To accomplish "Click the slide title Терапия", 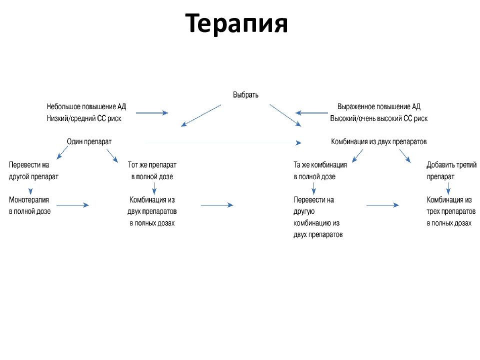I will pyautogui.click(x=237, y=23).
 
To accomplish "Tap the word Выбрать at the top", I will pyautogui.click(x=245, y=94).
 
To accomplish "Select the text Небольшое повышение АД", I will pyautogui.click(x=86, y=106).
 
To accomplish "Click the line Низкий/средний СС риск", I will pyautogui.click(x=84, y=118).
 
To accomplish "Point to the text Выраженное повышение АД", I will pyautogui.click(x=378, y=106).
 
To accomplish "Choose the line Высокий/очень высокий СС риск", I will pyautogui.click(x=378, y=118).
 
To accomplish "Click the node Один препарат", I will pyautogui.click(x=89, y=141).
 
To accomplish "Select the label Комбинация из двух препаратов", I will pyautogui.click(x=379, y=141).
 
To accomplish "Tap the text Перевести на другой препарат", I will pyautogui.click(x=33, y=170).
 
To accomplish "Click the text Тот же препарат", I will pyautogui.click(x=152, y=164).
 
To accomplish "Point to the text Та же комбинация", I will pyautogui.click(x=320, y=164).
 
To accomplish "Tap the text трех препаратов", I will pyautogui.click(x=449, y=211).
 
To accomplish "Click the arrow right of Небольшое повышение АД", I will pyautogui.click(x=152, y=113).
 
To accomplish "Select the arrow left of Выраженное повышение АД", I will pyautogui.click(x=310, y=113).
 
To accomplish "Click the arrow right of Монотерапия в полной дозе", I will pyautogui.click(x=72, y=205).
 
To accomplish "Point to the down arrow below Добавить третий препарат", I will pyautogui.click(x=448, y=188).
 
